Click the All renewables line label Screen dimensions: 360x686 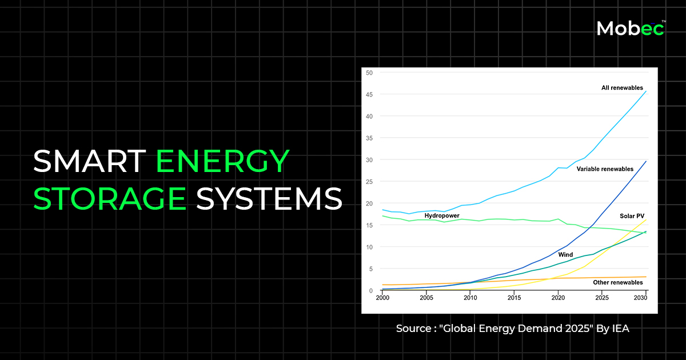(622, 88)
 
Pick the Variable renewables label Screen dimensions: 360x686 (605, 169)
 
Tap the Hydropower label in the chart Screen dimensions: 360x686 (442, 215)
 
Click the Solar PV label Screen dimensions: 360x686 (633, 216)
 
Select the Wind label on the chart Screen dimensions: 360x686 (565, 254)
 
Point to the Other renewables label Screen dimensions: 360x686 (618, 282)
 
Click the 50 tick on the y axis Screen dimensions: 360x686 (369, 73)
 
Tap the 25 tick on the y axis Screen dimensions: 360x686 (369, 182)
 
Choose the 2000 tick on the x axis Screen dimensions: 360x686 (382, 298)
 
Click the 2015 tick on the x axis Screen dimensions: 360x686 (514, 298)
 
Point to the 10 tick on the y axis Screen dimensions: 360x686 (369, 247)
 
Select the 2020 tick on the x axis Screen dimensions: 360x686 (558, 298)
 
